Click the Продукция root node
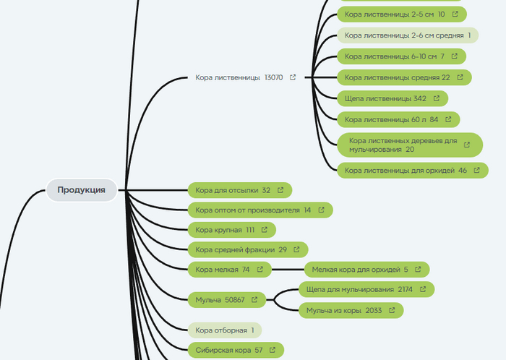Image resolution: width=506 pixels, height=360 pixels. pos(82,190)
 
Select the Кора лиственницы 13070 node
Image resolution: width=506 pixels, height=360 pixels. pos(228,77)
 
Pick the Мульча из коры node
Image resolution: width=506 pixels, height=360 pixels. pos(344,309)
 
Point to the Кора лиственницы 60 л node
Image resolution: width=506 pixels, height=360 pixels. pos(391,119)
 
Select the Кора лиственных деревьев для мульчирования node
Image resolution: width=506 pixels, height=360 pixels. pos(403,145)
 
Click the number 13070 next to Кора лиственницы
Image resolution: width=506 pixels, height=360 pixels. pos(275,77)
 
